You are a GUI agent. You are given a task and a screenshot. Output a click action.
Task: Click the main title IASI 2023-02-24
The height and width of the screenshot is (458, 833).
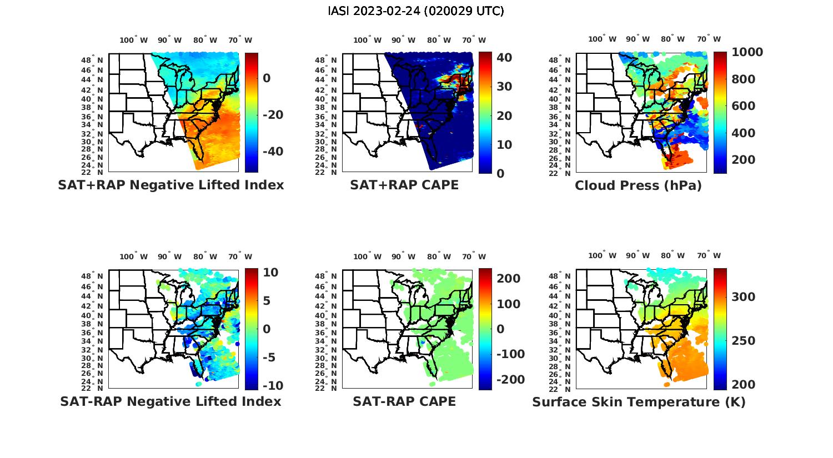click(x=416, y=11)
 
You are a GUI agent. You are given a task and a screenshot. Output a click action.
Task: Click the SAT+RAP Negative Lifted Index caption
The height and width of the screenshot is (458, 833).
click(x=171, y=185)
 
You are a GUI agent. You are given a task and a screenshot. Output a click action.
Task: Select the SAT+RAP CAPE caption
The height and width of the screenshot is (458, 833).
click(x=404, y=185)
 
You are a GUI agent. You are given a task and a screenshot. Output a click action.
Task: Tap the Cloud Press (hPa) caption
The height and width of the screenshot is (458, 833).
click(x=638, y=185)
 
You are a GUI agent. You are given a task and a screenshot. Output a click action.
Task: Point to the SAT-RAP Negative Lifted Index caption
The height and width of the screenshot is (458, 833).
click(x=170, y=401)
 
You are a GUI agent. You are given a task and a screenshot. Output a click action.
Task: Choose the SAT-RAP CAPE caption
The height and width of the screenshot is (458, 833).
click(x=404, y=401)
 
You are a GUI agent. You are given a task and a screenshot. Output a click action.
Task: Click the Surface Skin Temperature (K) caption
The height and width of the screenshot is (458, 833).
click(x=639, y=402)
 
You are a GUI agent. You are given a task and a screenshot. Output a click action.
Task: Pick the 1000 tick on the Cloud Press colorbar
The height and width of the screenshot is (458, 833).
click(x=747, y=52)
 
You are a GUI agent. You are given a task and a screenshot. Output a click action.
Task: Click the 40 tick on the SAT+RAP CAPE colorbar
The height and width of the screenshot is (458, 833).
click(x=504, y=58)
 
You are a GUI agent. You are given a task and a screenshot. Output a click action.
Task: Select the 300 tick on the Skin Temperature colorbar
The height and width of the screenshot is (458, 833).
click(x=744, y=297)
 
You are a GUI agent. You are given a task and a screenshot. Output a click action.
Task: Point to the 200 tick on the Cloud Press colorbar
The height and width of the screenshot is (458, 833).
click(x=744, y=160)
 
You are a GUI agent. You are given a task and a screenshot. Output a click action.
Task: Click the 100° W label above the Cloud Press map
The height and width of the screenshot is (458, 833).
click(x=603, y=39)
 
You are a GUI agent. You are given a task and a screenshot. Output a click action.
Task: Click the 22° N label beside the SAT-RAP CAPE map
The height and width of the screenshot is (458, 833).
click(x=325, y=389)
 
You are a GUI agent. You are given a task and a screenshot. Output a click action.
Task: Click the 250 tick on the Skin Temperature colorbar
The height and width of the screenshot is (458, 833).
click(x=744, y=341)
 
